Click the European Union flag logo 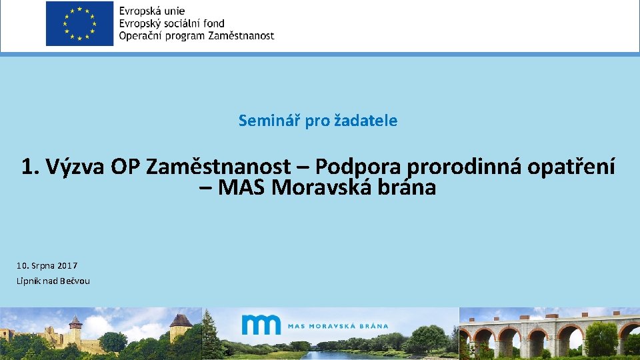click(x=79, y=24)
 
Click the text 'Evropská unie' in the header click(x=152, y=11)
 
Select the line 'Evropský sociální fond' click(x=171, y=23)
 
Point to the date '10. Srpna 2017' click(x=47, y=265)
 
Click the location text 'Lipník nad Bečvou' click(x=53, y=281)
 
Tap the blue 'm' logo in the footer click(x=261, y=325)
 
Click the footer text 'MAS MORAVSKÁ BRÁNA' click(x=338, y=326)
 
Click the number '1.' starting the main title click(x=31, y=167)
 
